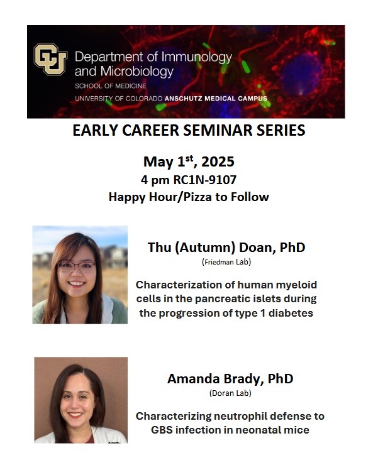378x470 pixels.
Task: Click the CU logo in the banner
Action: pos(50,59)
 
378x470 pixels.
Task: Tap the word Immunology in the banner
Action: pos(197,57)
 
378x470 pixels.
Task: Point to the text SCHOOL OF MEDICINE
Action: pos(111,86)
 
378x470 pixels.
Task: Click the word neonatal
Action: pos(260,430)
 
